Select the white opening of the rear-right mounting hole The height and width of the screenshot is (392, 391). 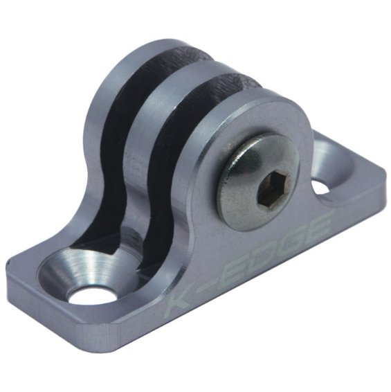click(320, 187)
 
